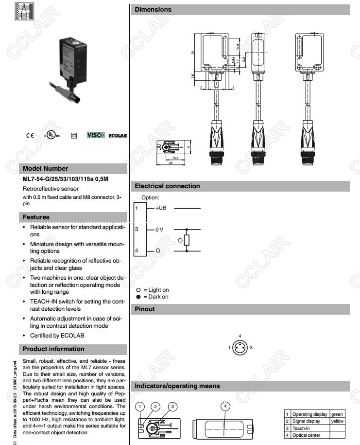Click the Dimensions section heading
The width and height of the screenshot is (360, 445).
[153, 9]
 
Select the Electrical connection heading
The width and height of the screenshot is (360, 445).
[167, 186]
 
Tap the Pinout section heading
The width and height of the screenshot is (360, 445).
[145, 309]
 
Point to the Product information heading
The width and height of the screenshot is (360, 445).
[53, 349]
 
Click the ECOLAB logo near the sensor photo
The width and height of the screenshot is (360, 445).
[118, 135]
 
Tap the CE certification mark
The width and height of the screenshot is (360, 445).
[30, 136]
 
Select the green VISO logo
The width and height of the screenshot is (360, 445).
[96, 135]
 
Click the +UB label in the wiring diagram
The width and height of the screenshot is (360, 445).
[161, 208]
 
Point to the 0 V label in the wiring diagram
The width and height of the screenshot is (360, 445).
[159, 230]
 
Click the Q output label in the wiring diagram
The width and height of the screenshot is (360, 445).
[158, 251]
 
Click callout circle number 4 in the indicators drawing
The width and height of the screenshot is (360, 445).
[225, 406]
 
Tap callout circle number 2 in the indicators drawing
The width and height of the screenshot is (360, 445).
[155, 406]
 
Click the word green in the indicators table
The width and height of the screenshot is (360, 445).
[337, 414]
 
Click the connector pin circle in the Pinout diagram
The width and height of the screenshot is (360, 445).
[240, 348]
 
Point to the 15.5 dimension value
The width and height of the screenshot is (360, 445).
[175, 158]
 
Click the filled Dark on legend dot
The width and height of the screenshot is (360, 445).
[138, 297]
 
